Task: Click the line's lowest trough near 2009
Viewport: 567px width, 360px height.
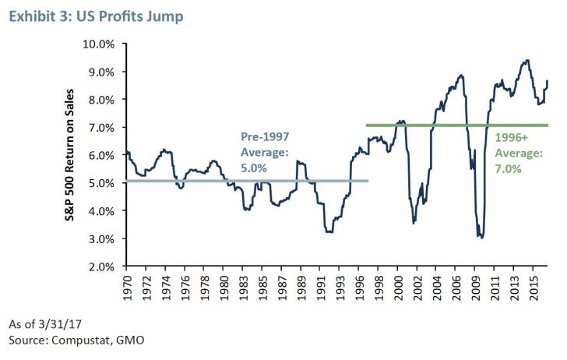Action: pos(481,237)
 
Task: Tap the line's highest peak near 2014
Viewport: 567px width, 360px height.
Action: pos(528,60)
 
